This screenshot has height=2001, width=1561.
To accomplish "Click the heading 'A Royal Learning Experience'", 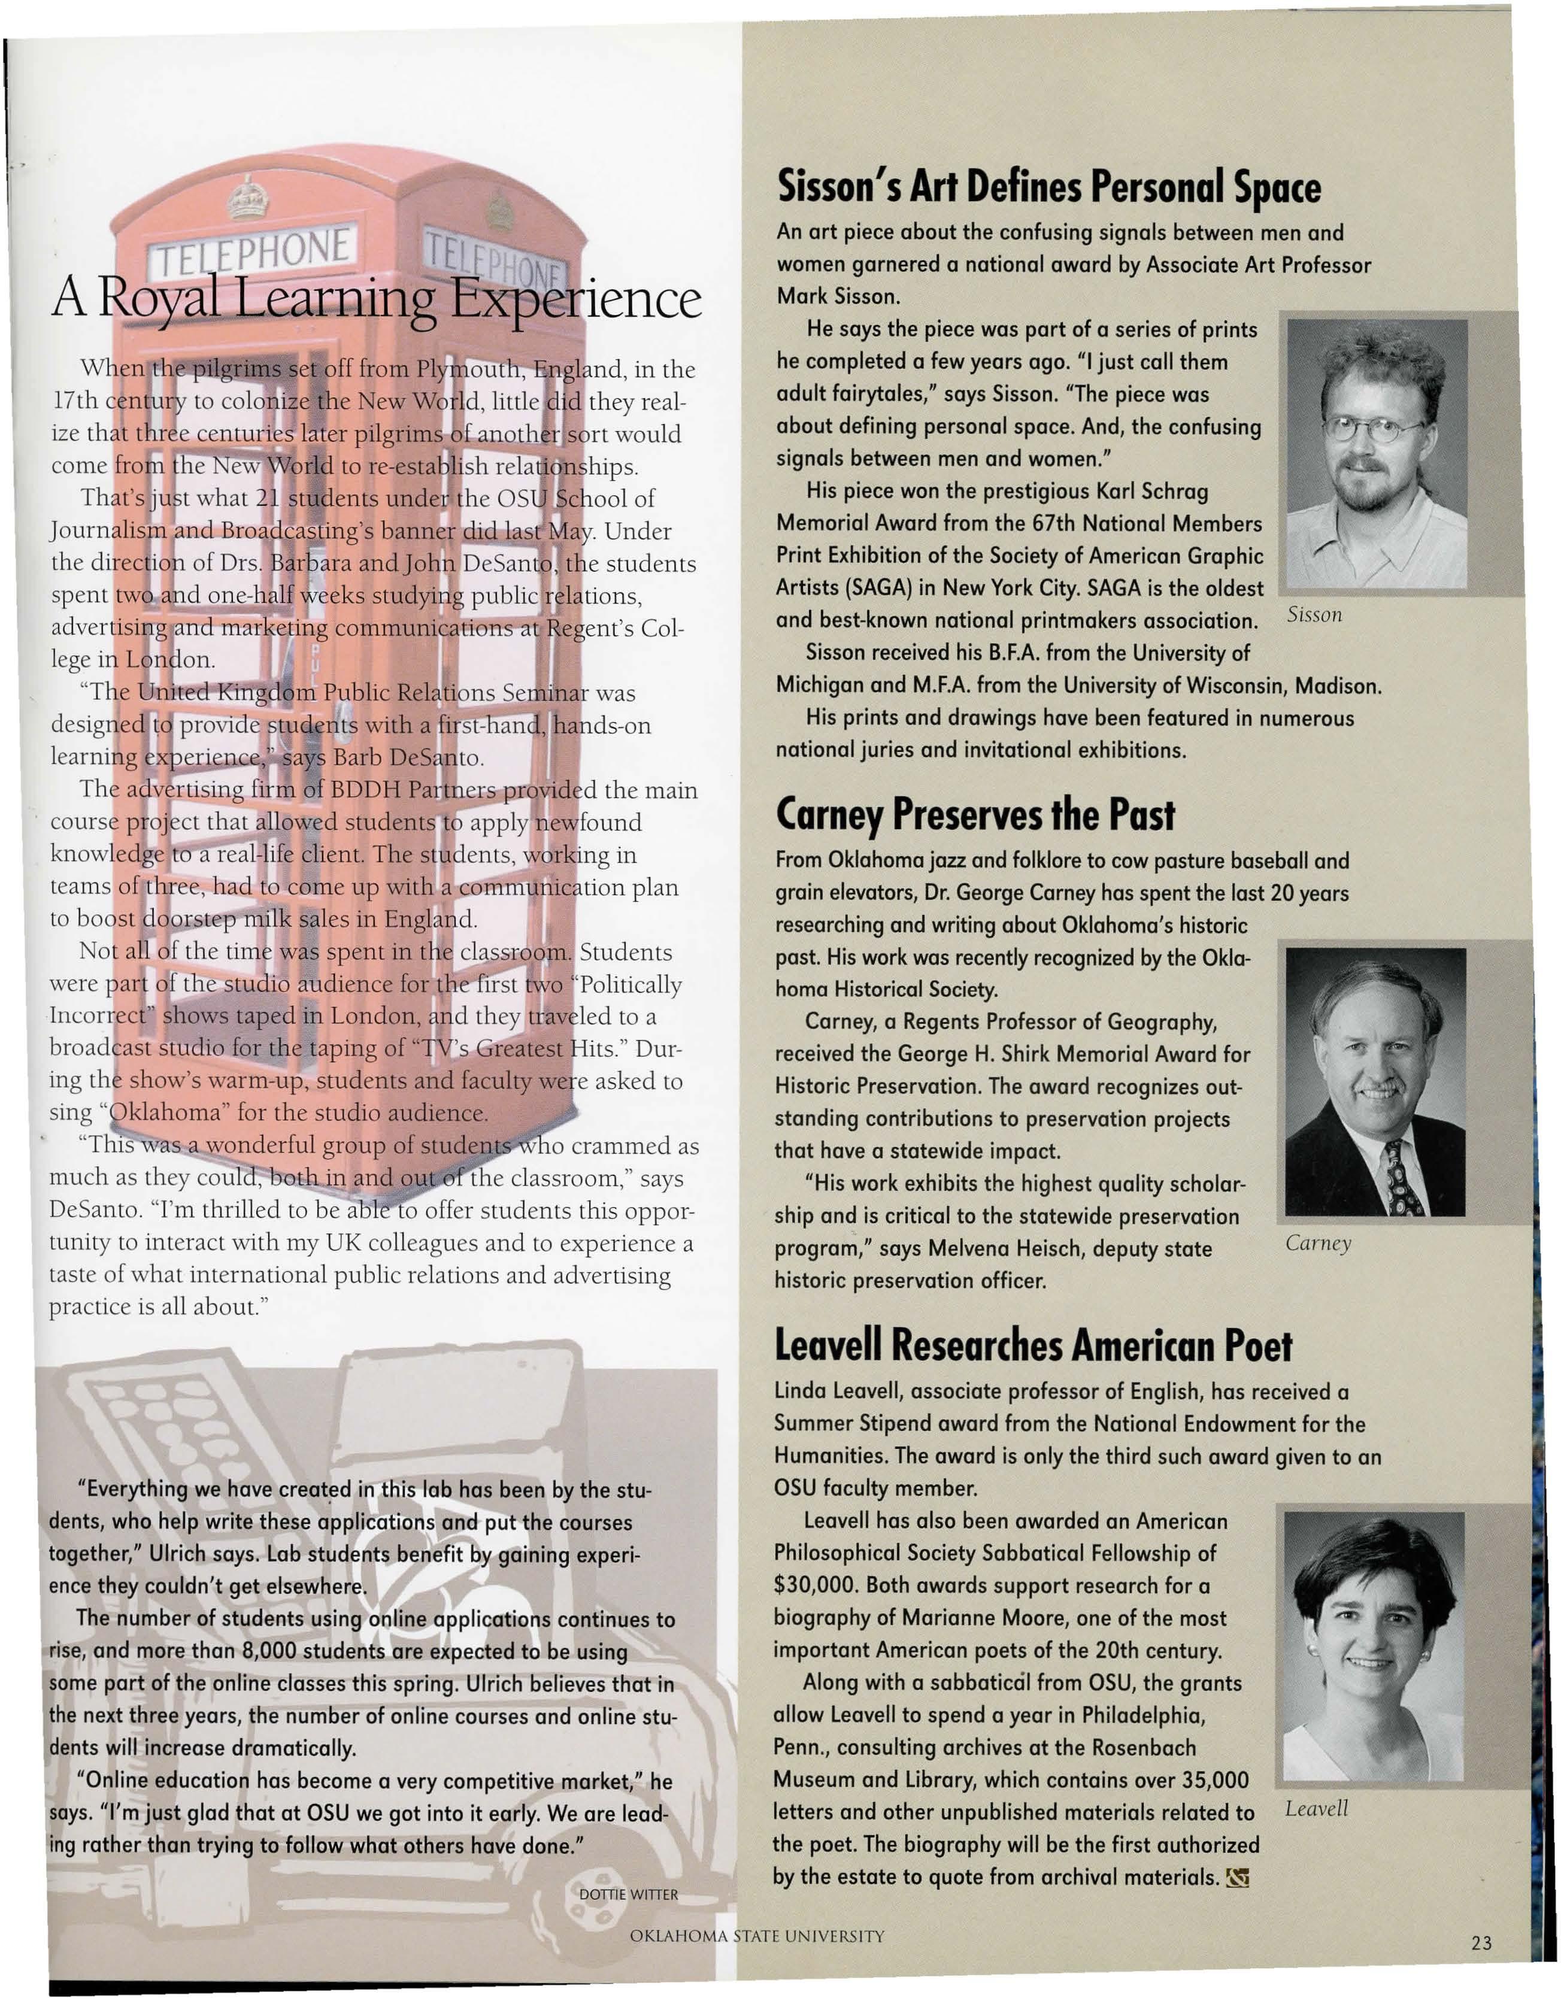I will tap(375, 299).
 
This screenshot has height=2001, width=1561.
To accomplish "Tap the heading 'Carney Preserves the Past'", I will tap(975, 814).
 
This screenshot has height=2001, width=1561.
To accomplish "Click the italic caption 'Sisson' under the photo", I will tap(1314, 615).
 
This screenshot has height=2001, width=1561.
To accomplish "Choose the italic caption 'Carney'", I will tap(1317, 1244).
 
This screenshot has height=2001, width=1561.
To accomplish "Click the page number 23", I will tap(1481, 1942).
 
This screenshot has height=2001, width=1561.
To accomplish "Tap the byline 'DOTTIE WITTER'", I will tap(629, 1894).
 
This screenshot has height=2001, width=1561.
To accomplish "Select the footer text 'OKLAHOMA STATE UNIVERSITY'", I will tap(757, 1936).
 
